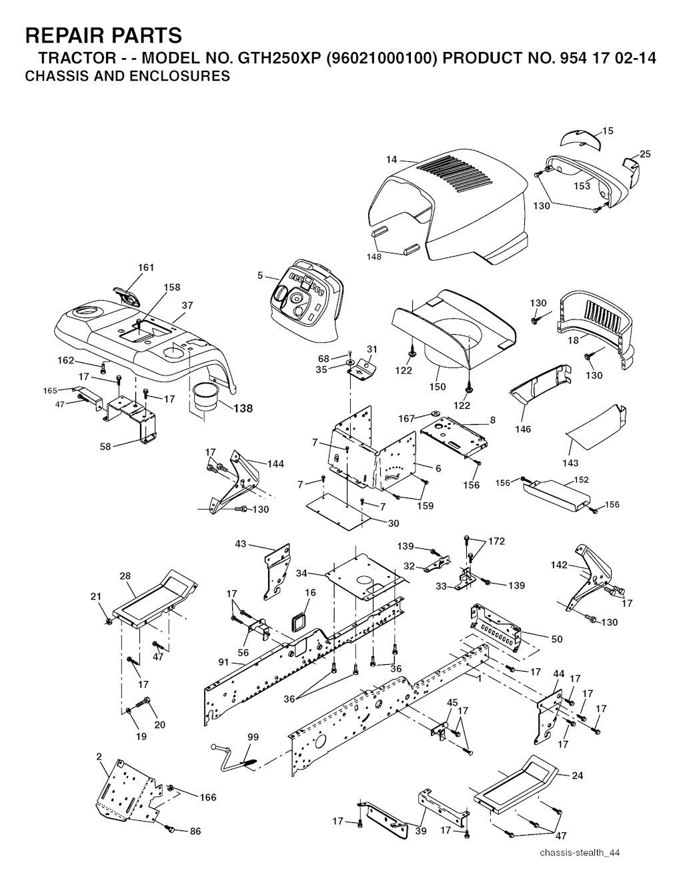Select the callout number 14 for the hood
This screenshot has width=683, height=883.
pos(392,159)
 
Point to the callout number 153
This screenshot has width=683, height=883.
pos(582,185)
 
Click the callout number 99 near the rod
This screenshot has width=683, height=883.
pos(253,737)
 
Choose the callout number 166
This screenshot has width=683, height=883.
pos(208,797)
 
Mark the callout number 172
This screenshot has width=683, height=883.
pos(496,542)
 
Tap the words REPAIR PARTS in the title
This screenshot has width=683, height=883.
pos(103,35)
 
